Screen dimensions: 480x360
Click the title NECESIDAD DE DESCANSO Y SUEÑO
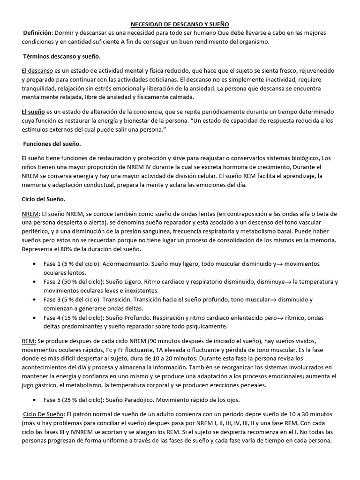(180, 24)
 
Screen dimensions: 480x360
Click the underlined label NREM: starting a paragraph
(31, 213)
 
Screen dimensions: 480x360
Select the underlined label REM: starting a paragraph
(30, 341)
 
